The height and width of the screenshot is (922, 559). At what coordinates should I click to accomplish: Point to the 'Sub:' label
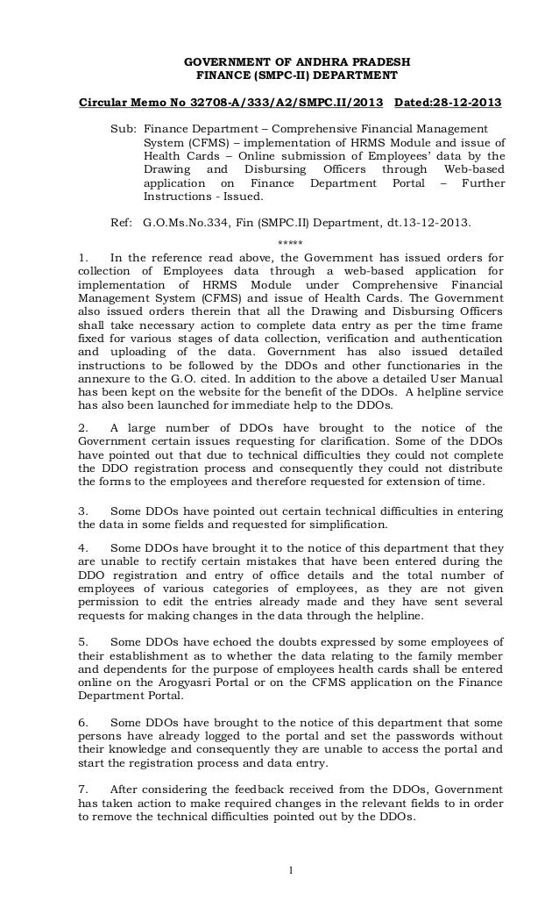123,128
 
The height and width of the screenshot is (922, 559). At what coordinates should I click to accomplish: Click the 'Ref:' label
122,223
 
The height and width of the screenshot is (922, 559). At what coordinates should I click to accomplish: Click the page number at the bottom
290,869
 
